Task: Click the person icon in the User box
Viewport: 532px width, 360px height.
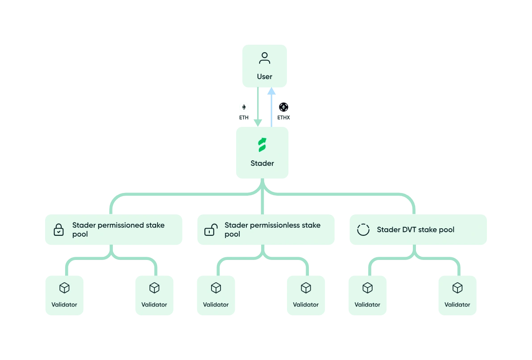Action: [265, 59]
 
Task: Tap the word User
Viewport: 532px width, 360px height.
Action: [265, 77]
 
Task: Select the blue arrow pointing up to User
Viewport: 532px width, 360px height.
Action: [271, 107]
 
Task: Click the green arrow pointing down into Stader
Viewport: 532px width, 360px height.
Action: [258, 107]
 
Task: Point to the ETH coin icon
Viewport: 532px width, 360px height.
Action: [244, 107]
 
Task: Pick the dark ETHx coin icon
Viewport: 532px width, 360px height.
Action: [283, 107]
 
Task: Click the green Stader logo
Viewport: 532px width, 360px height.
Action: [262, 145]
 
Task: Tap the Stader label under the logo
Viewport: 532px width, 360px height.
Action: [262, 163]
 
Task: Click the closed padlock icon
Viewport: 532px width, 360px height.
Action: [58, 230]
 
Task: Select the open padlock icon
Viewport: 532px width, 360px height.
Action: [211, 230]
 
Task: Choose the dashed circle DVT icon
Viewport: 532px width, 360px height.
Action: [363, 230]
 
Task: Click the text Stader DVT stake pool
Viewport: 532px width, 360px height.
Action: [416, 230]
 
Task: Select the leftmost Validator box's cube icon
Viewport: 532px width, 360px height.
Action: [65, 288]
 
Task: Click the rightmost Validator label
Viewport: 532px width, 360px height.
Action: [457, 305]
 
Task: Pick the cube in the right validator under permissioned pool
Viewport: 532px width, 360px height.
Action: [154, 288]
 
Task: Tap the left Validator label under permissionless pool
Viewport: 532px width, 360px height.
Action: [216, 305]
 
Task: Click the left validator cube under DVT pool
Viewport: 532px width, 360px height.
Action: [367, 288]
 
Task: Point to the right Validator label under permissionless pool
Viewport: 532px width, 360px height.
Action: [306, 305]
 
